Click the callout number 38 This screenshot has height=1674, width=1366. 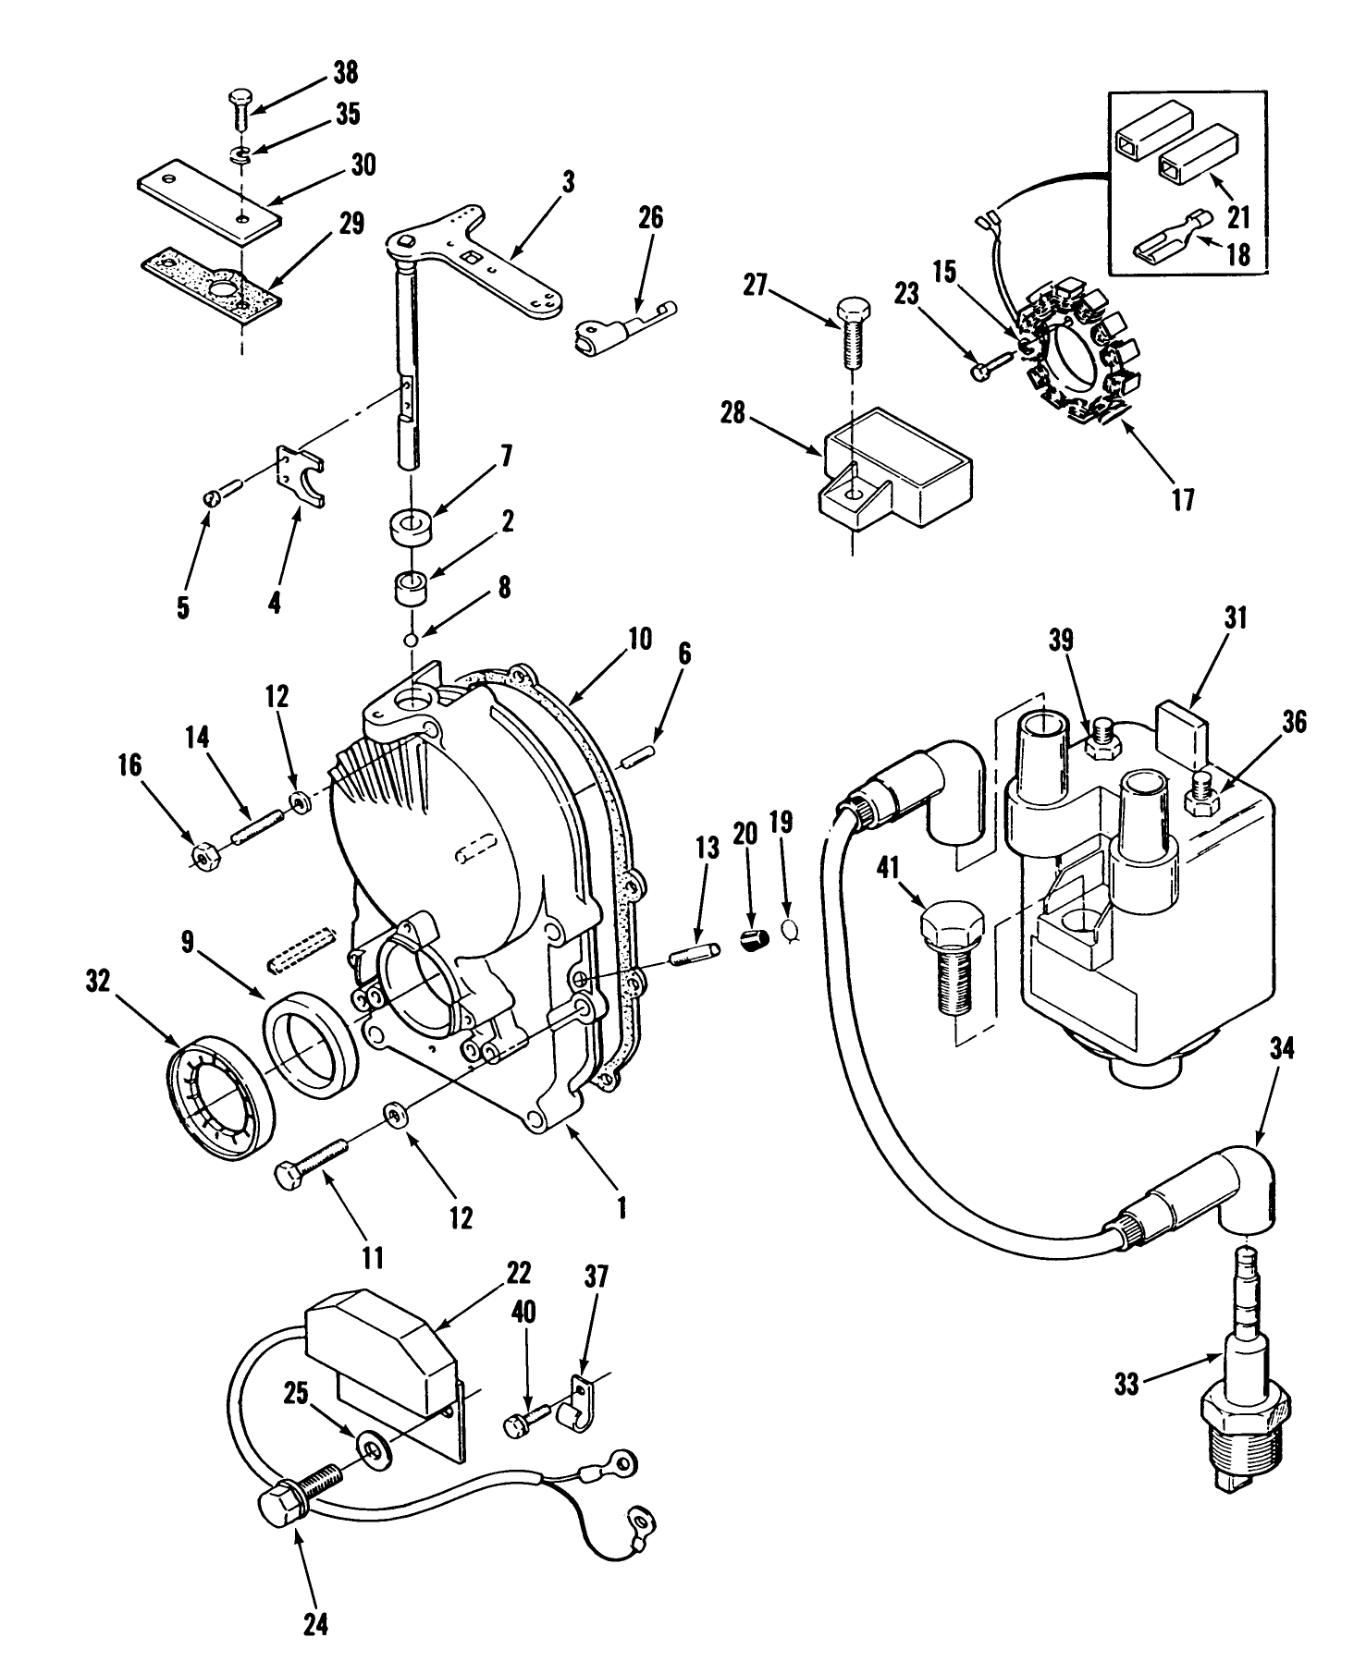[x=345, y=73]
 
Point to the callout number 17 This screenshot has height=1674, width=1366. [x=1183, y=500]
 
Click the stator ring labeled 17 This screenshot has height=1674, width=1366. [x=1078, y=352]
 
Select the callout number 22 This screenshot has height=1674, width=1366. [x=519, y=1273]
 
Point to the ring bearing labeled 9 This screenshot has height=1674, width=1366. [x=311, y=1039]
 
